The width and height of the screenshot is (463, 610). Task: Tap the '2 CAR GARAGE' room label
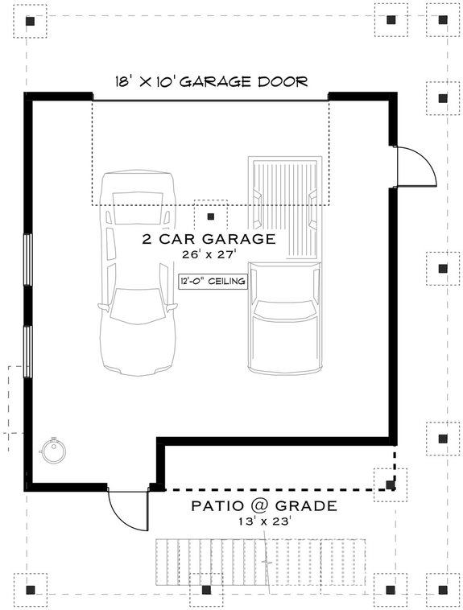[209, 239]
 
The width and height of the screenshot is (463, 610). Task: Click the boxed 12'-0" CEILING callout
[212, 282]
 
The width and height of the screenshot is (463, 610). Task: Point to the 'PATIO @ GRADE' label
[263, 506]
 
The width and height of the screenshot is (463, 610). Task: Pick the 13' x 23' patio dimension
[263, 521]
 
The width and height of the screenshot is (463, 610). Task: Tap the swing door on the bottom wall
[127, 508]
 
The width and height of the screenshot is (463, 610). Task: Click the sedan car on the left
[136, 274]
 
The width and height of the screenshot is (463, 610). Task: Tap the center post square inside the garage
[211, 216]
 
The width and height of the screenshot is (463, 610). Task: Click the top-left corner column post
[31, 22]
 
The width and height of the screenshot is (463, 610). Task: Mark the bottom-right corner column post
[442, 589]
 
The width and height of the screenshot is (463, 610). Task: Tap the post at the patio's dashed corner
[391, 484]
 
